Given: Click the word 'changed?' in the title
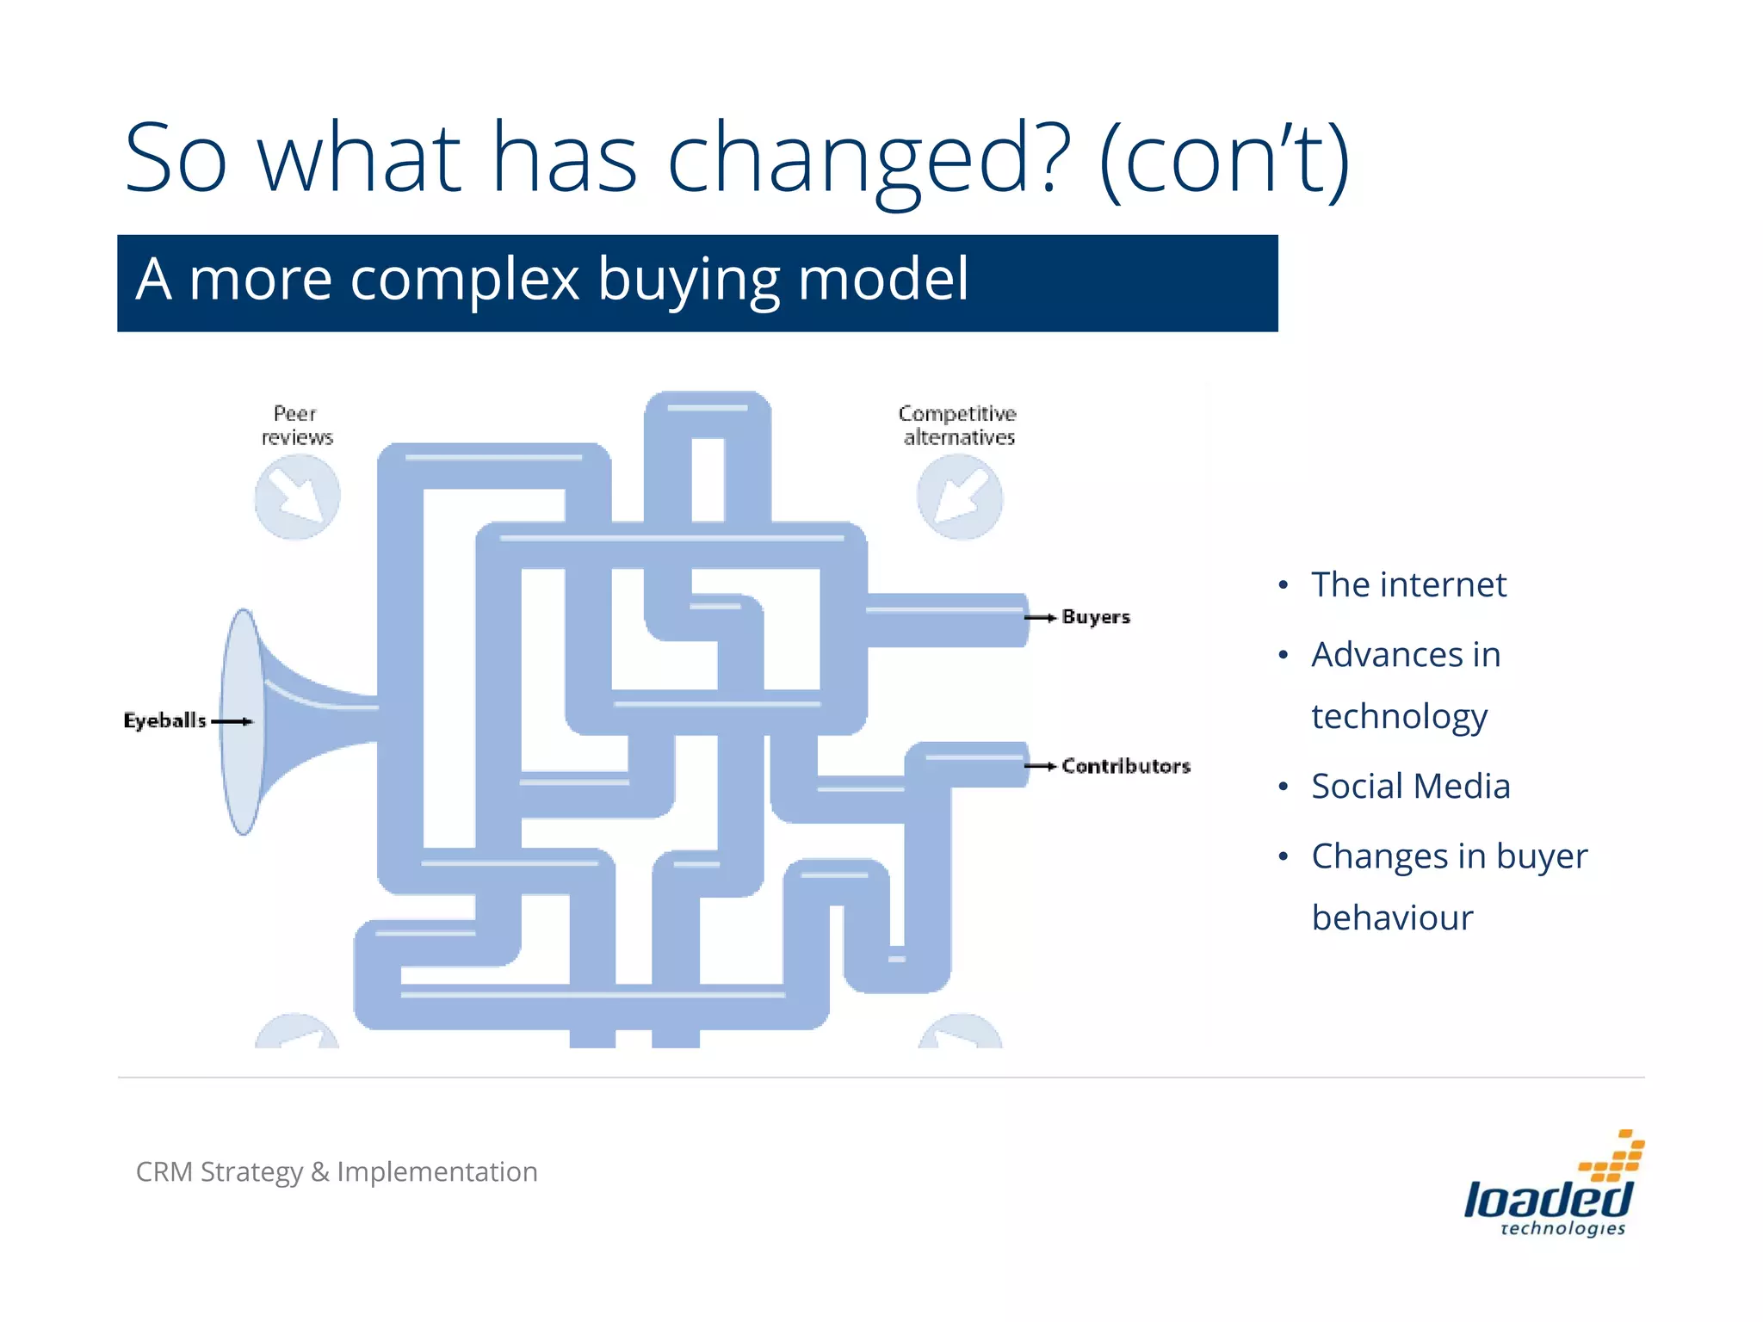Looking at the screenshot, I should [x=869, y=160].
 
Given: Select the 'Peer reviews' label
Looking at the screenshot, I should [x=296, y=425].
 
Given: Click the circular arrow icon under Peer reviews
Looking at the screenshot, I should [x=297, y=497].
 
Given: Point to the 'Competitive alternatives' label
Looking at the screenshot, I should [x=958, y=425].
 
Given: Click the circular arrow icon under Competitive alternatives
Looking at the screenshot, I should [x=960, y=497].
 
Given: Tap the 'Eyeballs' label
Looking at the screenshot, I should [x=164, y=720].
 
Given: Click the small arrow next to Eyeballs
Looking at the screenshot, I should [x=232, y=721].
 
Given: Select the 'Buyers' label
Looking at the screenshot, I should [x=1095, y=617].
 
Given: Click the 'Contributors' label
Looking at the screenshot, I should [x=1125, y=766].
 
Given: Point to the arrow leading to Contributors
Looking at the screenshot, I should [x=1040, y=766].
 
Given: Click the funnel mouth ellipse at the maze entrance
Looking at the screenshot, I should [x=243, y=721].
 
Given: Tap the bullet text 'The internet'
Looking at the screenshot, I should [x=1408, y=585].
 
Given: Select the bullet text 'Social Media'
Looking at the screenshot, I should [x=1410, y=787].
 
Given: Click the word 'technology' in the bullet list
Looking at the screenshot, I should [x=1399, y=717].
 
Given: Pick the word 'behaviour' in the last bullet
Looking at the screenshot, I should [x=1392, y=918].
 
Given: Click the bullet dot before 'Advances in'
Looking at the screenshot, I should [x=1284, y=656].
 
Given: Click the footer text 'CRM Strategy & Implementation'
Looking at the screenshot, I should [x=337, y=1172].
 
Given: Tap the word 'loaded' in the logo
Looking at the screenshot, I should [x=1547, y=1199].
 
